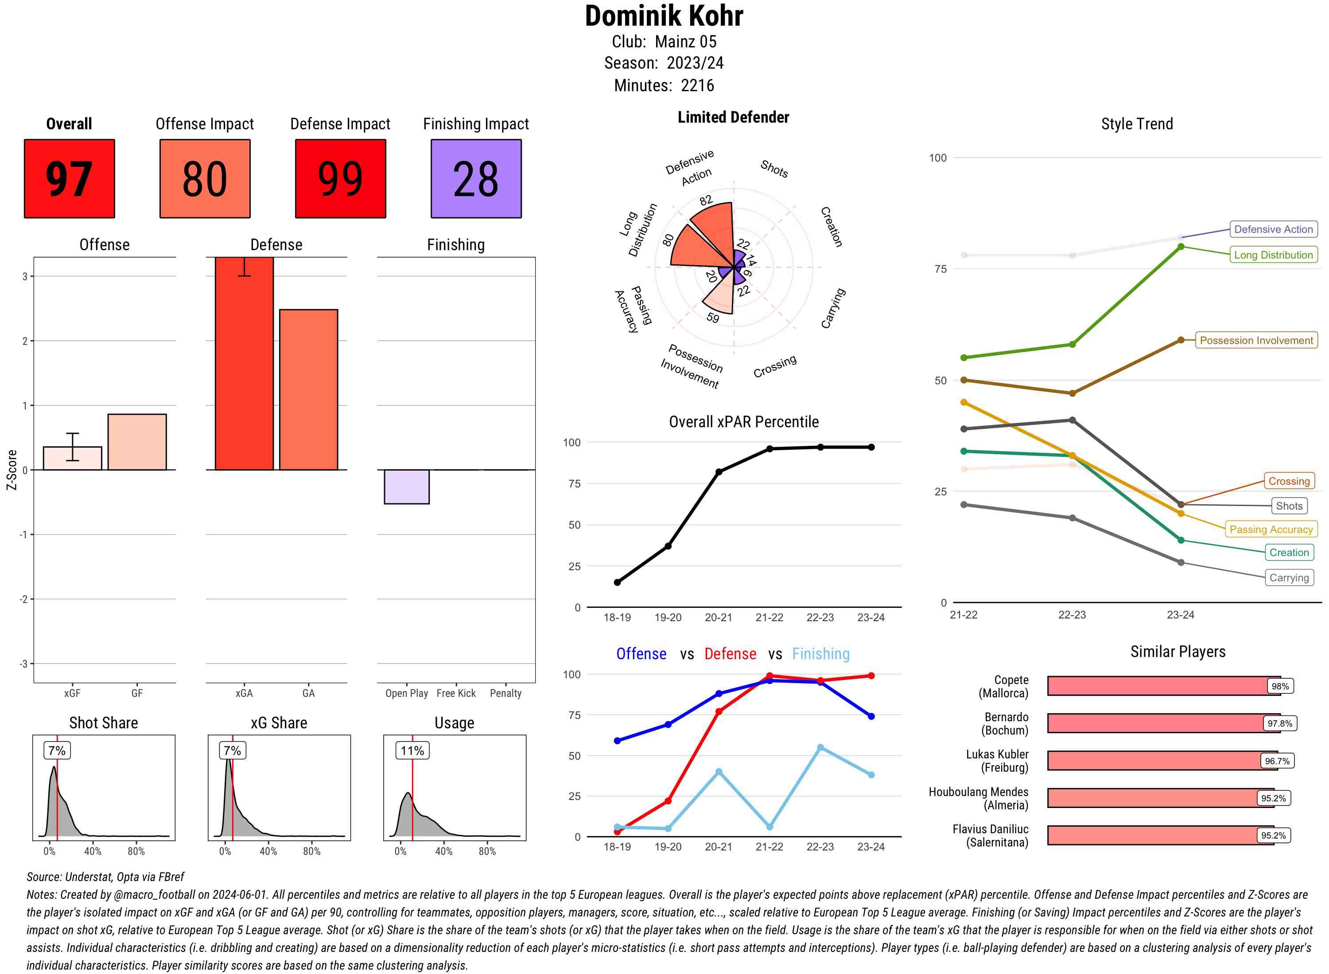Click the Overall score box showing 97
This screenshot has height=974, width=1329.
pos(69,179)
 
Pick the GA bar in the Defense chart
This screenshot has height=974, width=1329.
pos(308,389)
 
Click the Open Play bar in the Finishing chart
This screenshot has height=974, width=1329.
pos(406,487)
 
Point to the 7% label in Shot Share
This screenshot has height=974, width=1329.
pos(57,750)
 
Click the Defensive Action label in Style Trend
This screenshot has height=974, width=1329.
pos(1273,229)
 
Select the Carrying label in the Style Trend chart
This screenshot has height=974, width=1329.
pos(1288,578)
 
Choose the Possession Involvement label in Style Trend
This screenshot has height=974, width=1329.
pos(1256,340)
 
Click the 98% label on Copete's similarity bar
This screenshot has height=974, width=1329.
pos(1279,686)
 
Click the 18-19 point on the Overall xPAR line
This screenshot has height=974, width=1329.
pos(617,583)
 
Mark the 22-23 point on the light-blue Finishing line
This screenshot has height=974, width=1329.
pos(820,748)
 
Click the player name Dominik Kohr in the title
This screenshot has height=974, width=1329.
pos(664,16)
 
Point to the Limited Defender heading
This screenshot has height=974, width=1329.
pos(733,117)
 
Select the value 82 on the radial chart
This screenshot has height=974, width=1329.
pos(706,201)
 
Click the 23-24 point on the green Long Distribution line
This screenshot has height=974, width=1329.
pos(1180,247)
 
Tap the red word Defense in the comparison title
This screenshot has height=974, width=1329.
pos(730,654)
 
